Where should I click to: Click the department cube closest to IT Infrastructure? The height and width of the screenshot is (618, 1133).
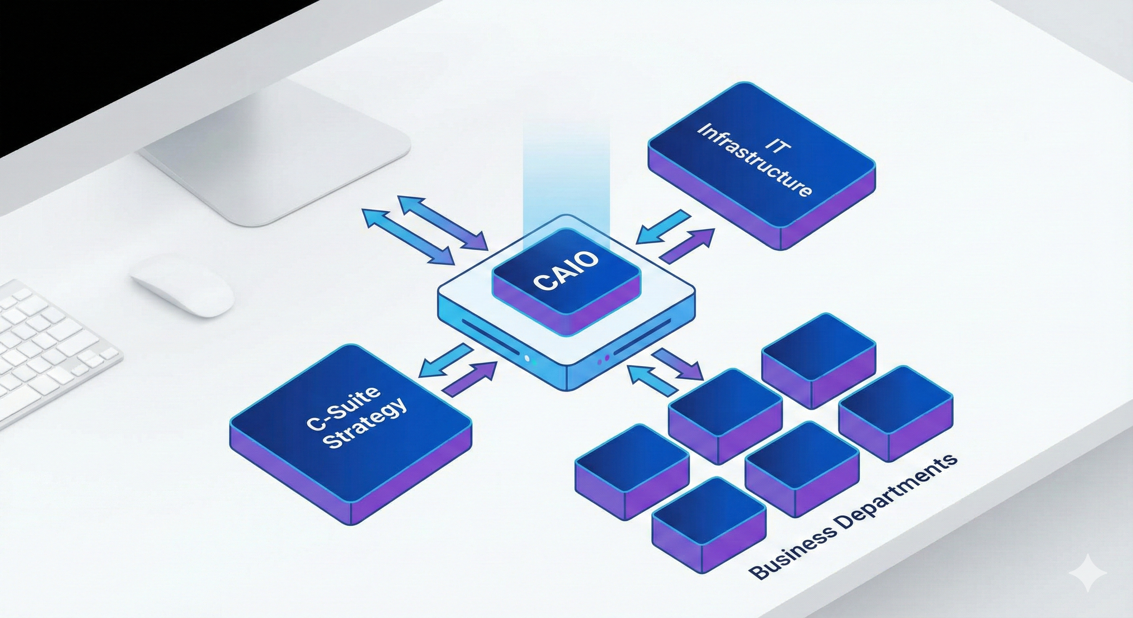point(818,352)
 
